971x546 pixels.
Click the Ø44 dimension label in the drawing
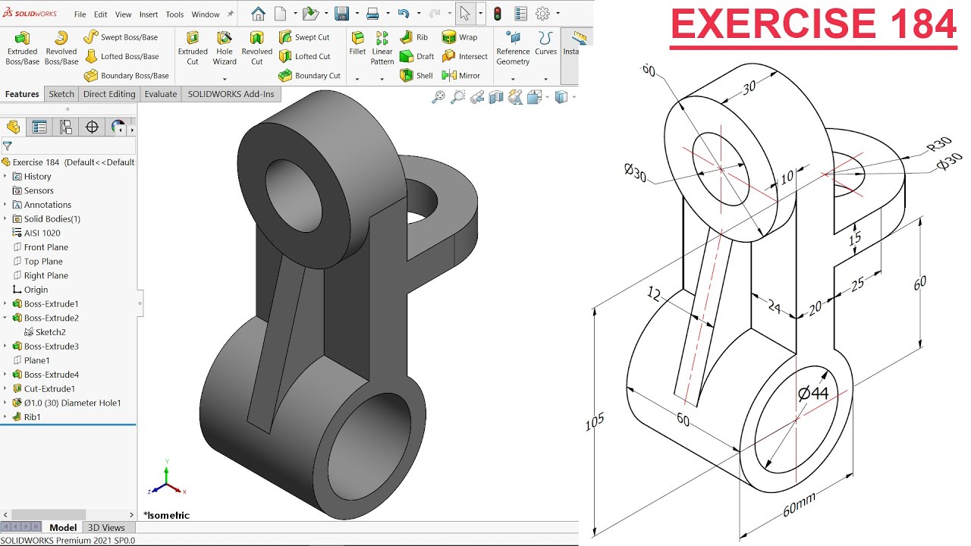point(813,393)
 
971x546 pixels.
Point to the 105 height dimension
point(595,422)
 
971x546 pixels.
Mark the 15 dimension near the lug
point(855,239)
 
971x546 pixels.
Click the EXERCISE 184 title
point(813,25)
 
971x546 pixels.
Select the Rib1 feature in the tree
point(32,417)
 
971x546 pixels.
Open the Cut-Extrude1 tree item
point(49,388)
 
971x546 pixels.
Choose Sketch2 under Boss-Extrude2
point(50,332)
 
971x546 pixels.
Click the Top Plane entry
point(43,262)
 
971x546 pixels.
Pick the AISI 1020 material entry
point(42,233)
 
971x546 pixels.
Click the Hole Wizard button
point(225,47)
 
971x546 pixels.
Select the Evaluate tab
point(161,94)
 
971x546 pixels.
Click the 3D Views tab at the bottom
point(106,527)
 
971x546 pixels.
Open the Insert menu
point(149,14)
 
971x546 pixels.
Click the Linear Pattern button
point(382,47)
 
